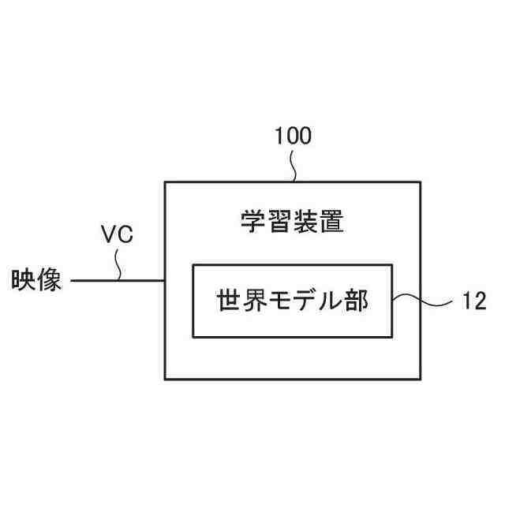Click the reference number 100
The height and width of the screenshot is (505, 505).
293,136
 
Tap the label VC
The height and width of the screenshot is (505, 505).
117,234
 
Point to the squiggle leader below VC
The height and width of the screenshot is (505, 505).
119,264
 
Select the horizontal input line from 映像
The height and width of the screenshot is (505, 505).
118,280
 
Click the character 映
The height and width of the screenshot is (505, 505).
22,280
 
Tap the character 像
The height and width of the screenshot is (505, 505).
49,280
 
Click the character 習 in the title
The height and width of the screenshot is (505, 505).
279,222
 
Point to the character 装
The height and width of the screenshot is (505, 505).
305,222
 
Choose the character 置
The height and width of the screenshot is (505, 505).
331,222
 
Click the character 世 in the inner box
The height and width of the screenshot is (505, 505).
229,301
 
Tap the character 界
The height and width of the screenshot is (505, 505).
255,301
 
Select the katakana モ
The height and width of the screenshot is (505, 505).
281,301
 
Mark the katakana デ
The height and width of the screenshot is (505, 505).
306,301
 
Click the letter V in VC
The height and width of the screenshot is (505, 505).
110,234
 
